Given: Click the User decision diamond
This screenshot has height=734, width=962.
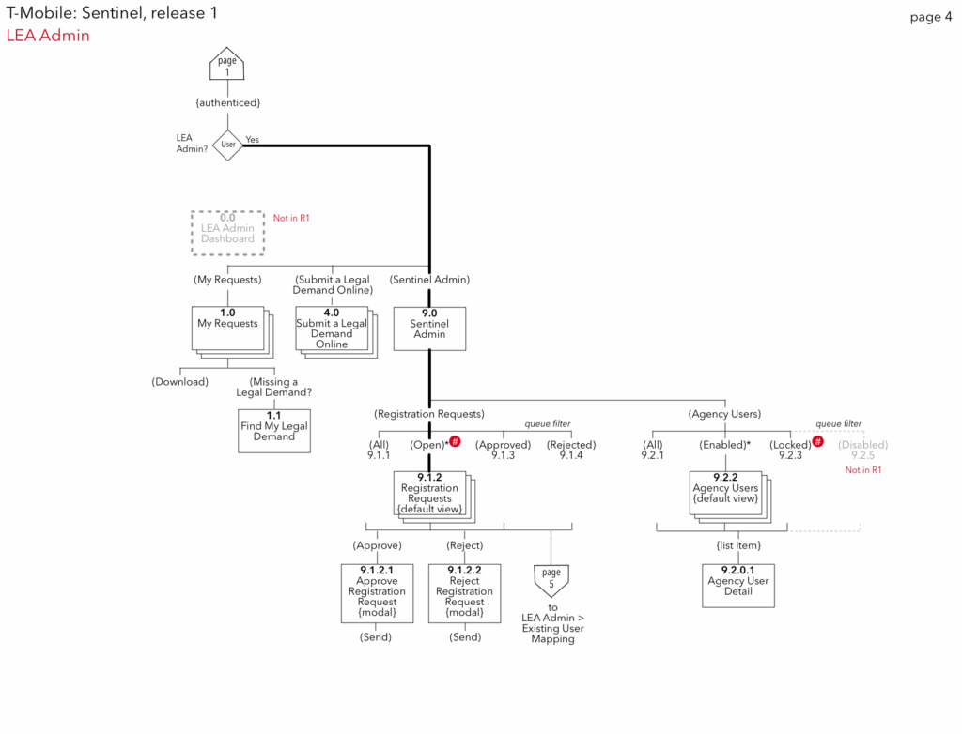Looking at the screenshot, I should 228,145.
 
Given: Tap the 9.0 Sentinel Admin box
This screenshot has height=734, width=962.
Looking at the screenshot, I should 429,329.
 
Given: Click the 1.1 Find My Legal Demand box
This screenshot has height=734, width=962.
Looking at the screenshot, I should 273,430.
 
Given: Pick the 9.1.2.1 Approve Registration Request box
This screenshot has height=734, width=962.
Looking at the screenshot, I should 377,592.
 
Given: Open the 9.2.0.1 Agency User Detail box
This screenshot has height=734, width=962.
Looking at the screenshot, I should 738,586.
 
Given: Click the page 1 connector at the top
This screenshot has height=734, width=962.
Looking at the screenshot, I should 226,65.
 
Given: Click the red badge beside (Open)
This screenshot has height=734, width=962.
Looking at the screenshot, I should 456,441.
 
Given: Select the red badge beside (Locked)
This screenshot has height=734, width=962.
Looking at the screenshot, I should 818,441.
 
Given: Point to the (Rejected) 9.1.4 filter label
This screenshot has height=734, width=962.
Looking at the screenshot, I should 571,450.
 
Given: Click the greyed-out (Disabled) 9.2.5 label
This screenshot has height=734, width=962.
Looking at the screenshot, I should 862,450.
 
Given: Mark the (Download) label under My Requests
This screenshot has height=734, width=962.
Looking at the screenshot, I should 179,382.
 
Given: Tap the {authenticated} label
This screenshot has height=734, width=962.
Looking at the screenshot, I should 227,101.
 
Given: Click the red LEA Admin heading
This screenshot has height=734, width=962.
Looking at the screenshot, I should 48,36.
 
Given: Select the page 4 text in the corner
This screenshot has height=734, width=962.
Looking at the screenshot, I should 930,17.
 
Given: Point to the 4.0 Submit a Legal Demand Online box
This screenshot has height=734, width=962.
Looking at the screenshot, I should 333,329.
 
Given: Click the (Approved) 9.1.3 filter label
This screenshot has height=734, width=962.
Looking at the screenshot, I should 503,450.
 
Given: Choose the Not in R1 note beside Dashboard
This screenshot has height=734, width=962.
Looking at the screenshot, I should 291,219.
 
